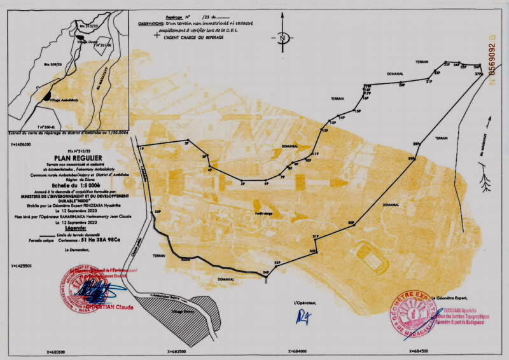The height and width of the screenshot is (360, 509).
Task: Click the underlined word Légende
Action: (x=68, y=226)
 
